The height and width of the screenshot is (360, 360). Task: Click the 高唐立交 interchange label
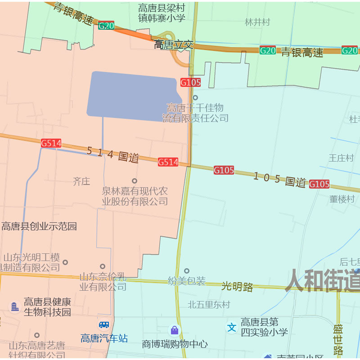click(174, 45)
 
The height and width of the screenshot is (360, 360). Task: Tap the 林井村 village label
click(257, 22)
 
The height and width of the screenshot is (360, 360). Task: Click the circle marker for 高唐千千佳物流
click(195, 98)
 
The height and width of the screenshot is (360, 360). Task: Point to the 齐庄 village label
click(81, 181)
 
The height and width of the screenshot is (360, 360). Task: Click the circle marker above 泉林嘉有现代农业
click(134, 181)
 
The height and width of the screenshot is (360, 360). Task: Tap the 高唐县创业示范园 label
click(39, 226)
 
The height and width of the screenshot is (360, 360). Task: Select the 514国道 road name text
click(112, 154)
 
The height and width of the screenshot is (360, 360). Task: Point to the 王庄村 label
click(341, 158)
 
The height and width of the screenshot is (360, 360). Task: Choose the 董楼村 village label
click(342, 199)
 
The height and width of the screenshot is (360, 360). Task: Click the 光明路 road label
click(237, 286)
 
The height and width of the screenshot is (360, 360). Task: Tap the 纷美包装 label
click(187, 281)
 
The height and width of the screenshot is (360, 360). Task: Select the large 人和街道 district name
click(322, 280)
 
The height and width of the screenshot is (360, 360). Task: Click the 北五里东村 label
click(209, 305)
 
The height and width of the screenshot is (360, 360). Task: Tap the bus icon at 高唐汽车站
click(104, 324)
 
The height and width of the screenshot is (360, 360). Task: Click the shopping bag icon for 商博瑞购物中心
click(175, 330)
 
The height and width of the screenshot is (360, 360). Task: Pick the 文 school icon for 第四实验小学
click(232, 327)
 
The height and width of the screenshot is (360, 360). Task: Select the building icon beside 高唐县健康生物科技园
click(15, 307)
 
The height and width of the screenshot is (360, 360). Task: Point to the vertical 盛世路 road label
click(338, 340)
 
